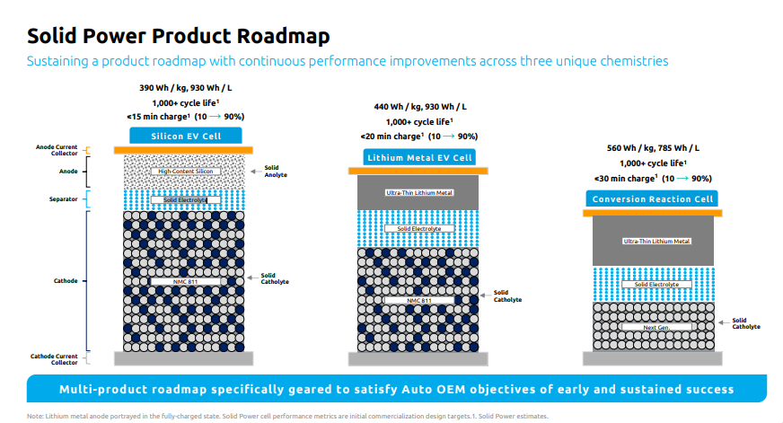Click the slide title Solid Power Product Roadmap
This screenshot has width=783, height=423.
(178, 35)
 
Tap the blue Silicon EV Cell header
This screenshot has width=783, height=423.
(187, 136)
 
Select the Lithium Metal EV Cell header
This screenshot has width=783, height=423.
(419, 157)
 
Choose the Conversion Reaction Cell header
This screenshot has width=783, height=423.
(653, 198)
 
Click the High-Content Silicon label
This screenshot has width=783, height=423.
(186, 171)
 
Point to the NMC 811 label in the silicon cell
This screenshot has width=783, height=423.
(186, 281)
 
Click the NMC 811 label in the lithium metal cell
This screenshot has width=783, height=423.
(419, 300)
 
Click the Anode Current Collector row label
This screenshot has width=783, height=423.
(57, 150)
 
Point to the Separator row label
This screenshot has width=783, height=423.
(66, 198)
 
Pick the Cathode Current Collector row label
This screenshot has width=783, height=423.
(56, 358)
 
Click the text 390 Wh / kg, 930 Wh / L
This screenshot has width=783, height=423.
(187, 89)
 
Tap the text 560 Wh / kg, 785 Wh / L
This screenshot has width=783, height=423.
(653, 148)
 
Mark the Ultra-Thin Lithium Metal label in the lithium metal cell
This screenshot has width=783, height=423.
(419, 192)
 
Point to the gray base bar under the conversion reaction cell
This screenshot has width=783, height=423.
(653, 357)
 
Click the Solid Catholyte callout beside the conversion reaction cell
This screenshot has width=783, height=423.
(745, 323)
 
